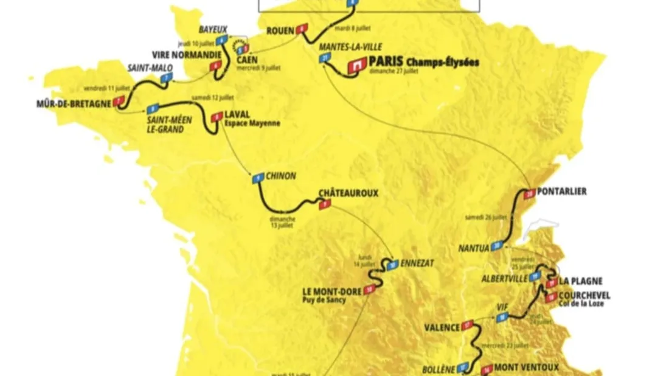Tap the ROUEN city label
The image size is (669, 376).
pyautogui.click(x=280, y=29)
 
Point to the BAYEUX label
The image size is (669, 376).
pyautogui.click(x=212, y=29)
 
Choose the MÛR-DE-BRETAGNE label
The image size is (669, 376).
pyautogui.click(x=74, y=103)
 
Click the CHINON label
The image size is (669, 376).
pyautogui.click(x=281, y=176)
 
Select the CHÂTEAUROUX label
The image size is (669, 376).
pyautogui.click(x=348, y=193)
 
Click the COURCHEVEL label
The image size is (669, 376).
pyautogui.click(x=586, y=296)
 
